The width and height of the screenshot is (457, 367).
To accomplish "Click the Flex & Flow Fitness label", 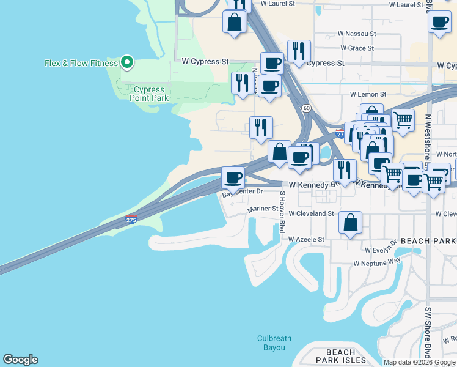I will click(81, 62).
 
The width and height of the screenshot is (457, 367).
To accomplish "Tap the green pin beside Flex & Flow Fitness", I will click(127, 62).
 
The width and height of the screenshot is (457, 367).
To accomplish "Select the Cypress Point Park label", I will click(149, 94).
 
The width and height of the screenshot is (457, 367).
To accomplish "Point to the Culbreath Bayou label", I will click(274, 343).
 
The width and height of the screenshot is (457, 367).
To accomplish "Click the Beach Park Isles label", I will click(340, 356).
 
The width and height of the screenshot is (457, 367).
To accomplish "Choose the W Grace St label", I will click(357, 48).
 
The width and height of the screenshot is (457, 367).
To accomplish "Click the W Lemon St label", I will click(368, 95).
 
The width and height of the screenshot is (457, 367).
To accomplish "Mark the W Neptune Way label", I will click(377, 262).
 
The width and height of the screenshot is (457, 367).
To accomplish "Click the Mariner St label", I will click(263, 209).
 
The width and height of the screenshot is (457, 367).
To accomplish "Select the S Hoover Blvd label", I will click(282, 212).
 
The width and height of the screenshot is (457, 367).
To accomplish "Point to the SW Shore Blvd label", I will click(428, 330).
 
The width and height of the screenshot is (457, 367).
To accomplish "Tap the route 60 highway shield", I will click(305, 108).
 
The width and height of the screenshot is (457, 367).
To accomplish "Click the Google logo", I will click(20, 360).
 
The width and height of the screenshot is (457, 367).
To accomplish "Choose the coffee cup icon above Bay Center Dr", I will click(232, 178).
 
